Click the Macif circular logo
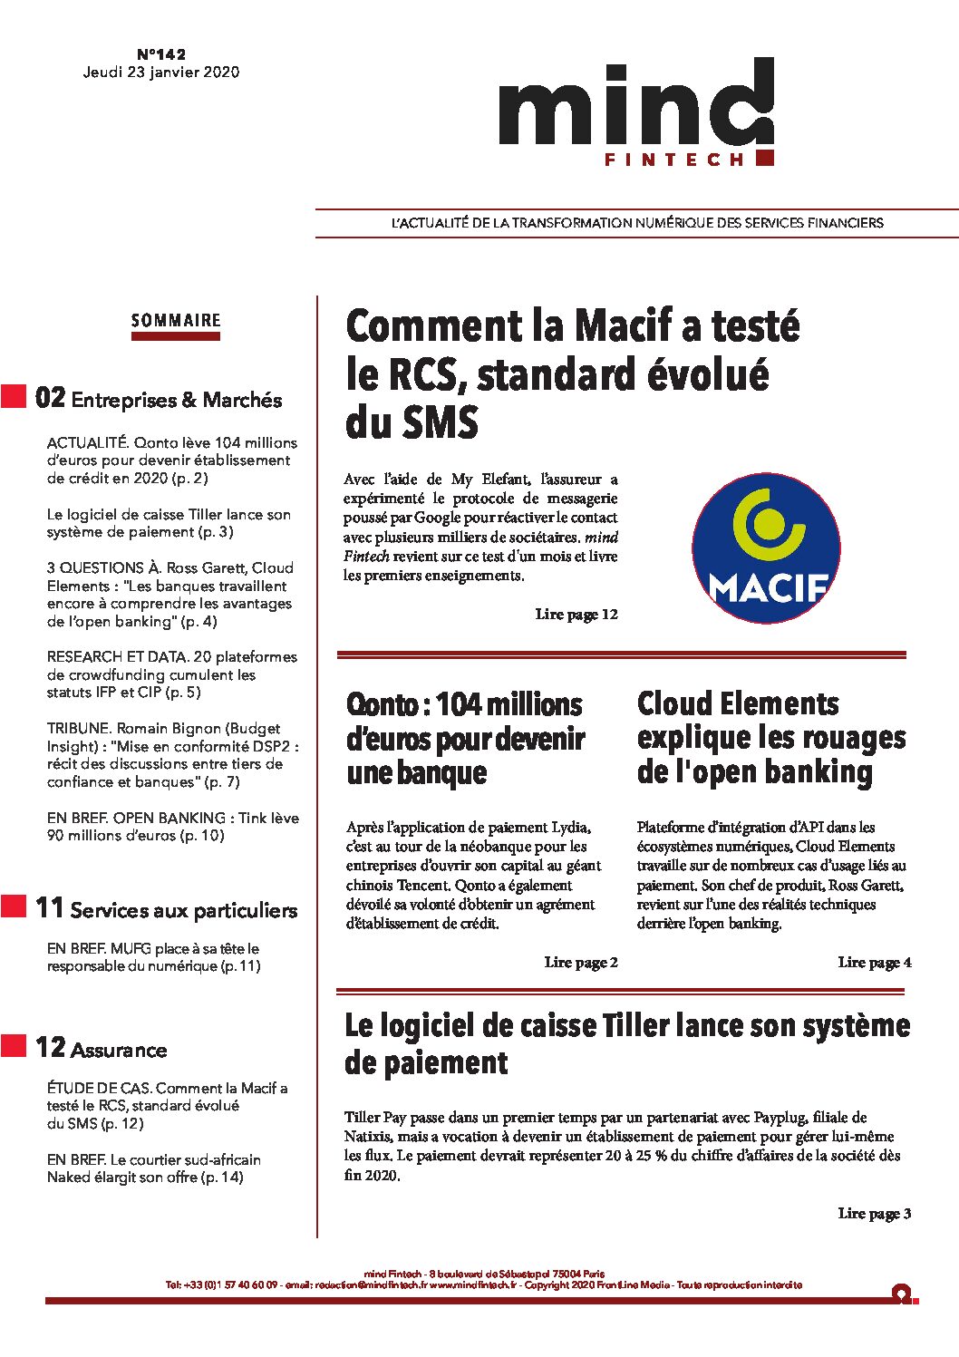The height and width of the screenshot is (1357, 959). (x=766, y=548)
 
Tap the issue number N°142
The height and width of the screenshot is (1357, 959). (x=161, y=54)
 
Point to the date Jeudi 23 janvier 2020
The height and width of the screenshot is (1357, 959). (x=161, y=73)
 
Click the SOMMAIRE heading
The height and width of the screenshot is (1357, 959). (x=176, y=321)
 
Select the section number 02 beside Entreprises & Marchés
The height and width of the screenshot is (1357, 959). (x=51, y=398)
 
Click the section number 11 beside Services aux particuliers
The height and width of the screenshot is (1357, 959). (x=50, y=908)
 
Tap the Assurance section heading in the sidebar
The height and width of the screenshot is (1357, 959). (x=119, y=1051)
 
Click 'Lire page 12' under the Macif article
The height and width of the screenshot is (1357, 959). (x=576, y=615)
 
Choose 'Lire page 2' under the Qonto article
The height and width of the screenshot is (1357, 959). (x=581, y=963)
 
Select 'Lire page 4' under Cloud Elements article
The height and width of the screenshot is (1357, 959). (x=875, y=963)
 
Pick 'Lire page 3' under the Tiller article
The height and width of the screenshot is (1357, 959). (x=875, y=1214)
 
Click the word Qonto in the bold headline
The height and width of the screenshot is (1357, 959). (x=383, y=705)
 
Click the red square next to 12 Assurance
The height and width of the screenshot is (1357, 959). (x=14, y=1046)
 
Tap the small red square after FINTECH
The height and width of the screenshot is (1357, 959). (x=764, y=158)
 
